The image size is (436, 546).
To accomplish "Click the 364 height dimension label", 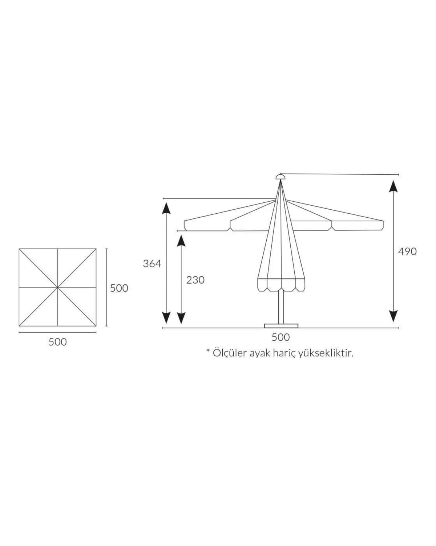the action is (x=152, y=264).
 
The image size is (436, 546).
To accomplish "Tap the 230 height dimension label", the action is (x=195, y=280).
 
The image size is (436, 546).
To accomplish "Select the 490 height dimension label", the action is (x=407, y=252).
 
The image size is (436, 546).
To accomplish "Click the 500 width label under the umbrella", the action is (x=281, y=337).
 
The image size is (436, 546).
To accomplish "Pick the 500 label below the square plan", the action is (x=58, y=342).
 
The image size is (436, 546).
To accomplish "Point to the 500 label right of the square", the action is (x=119, y=288).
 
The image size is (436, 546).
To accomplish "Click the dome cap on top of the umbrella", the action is (x=280, y=177).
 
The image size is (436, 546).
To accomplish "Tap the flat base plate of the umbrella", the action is (x=281, y=326).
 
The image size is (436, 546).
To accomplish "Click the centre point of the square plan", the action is (x=57, y=288).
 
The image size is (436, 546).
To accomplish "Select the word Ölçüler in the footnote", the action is (x=229, y=353).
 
